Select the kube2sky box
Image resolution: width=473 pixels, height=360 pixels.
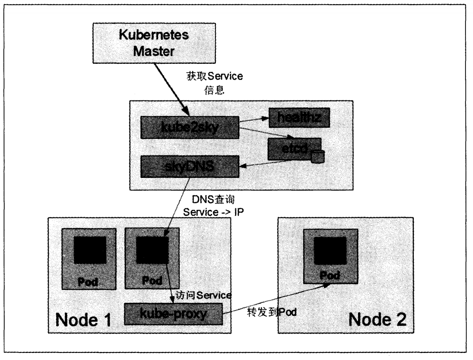click(x=190, y=127)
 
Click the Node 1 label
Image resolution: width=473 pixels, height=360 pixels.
click(x=83, y=320)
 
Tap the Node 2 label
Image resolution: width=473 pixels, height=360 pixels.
click(x=377, y=320)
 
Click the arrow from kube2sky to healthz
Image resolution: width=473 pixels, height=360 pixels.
click(x=254, y=121)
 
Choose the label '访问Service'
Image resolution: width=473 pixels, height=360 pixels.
click(x=203, y=295)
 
